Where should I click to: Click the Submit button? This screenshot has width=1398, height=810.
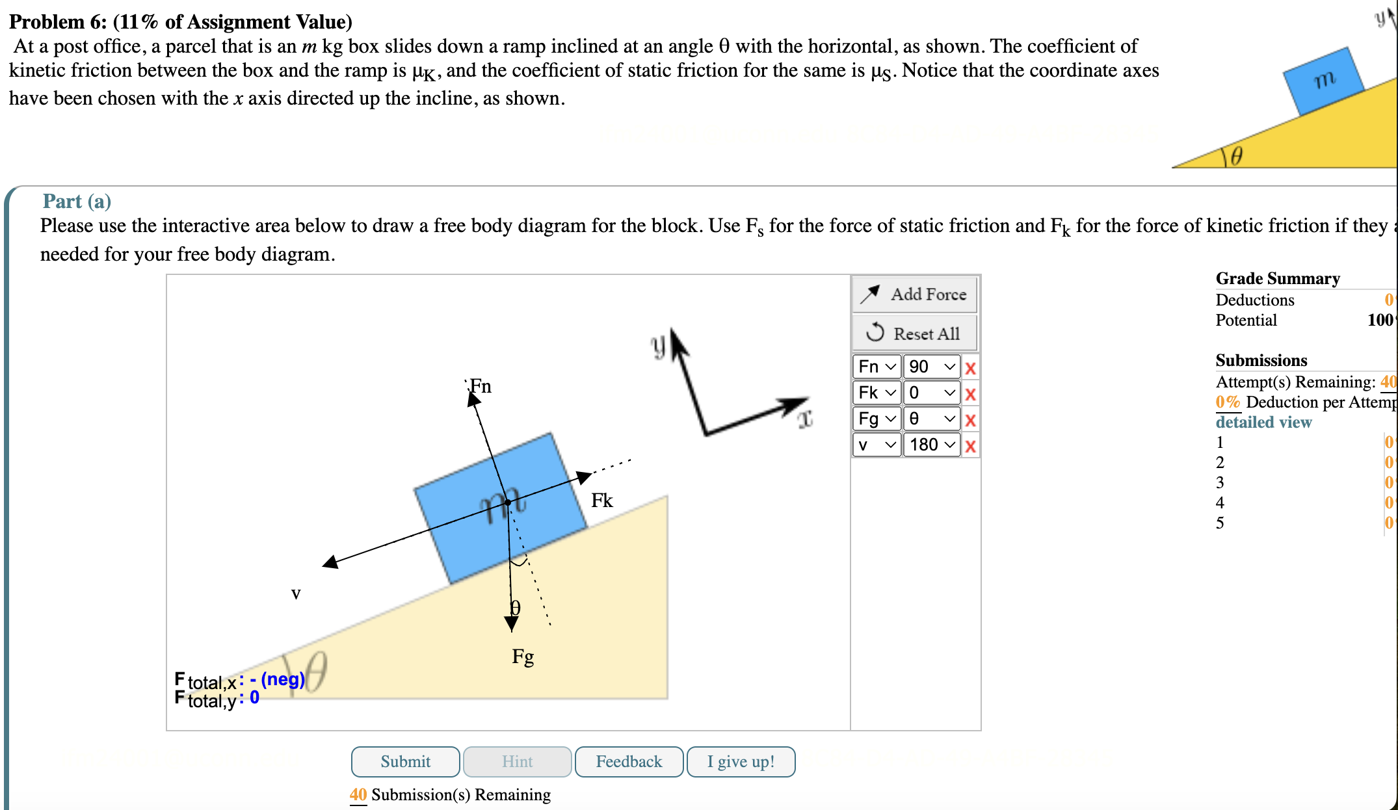pyautogui.click(x=405, y=761)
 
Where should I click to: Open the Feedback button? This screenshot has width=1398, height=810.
pyautogui.click(x=629, y=761)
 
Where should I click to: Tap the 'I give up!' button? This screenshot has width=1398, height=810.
pyautogui.click(x=741, y=761)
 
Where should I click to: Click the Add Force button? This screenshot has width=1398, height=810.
pyautogui.click(x=914, y=294)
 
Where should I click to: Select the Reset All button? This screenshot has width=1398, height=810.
pyautogui.click(x=914, y=333)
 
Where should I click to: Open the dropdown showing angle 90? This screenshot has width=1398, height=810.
pyautogui.click(x=931, y=367)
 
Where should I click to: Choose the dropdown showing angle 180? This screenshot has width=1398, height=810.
pyautogui.click(x=931, y=445)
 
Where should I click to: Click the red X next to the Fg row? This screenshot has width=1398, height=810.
pyautogui.click(x=970, y=420)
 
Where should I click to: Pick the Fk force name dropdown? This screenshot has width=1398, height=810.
pyautogui.click(x=877, y=393)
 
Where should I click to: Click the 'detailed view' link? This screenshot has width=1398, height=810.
pyautogui.click(x=1263, y=422)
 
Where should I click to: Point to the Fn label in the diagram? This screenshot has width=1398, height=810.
pyautogui.click(x=481, y=386)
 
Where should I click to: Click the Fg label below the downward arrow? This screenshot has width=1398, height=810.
pyautogui.click(x=523, y=657)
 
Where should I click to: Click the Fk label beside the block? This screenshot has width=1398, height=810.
pyautogui.click(x=601, y=500)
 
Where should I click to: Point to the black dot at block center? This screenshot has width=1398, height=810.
pyautogui.click(x=508, y=502)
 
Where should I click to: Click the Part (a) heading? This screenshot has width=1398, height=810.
pyautogui.click(x=77, y=201)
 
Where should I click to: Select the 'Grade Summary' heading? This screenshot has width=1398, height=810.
pyautogui.click(x=1277, y=278)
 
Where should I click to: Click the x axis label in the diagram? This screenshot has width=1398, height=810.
pyautogui.click(x=805, y=419)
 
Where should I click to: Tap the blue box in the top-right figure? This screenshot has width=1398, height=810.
pyautogui.click(x=1323, y=81)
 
